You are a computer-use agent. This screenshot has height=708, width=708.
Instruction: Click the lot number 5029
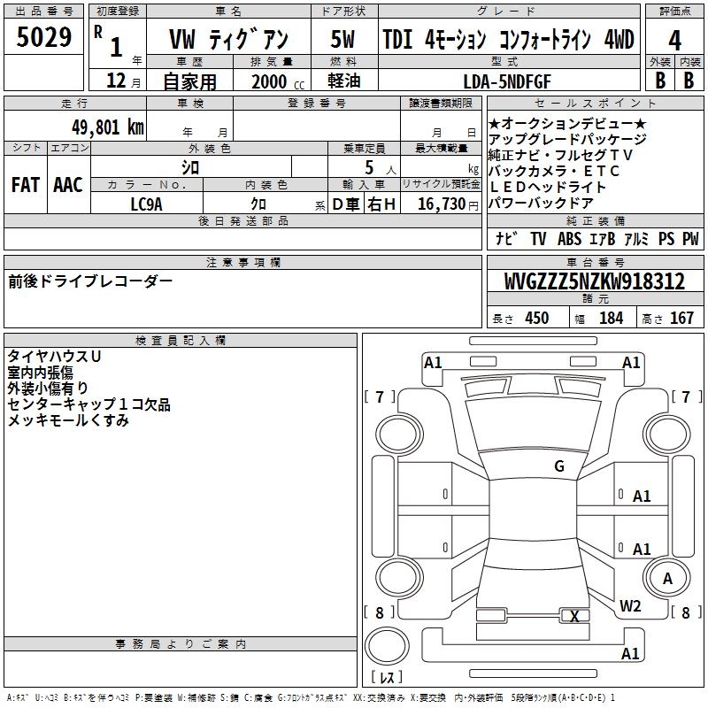[44, 39]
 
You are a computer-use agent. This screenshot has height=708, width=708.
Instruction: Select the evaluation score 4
[674, 41]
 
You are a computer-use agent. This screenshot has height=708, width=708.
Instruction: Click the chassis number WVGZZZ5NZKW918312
[595, 281]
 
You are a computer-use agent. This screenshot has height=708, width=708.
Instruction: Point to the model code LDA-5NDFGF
[507, 81]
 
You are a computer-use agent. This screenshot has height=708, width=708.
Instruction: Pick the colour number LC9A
[146, 204]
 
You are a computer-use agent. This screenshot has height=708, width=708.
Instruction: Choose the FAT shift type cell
[25, 185]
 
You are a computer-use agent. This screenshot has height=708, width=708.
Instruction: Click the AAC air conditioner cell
[68, 185]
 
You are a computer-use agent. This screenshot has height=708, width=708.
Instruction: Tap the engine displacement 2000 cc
[276, 81]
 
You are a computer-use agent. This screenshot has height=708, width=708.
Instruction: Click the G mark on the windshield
[558, 466]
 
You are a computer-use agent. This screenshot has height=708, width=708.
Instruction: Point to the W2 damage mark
[630, 606]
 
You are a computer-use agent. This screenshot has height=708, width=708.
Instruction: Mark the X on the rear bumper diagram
[575, 617]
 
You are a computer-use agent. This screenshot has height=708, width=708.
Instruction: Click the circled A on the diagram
[667, 579]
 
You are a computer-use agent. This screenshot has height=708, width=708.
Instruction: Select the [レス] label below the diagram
[387, 678]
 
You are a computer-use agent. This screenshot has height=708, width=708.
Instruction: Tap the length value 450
[536, 319]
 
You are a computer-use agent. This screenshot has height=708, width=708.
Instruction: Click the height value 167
[681, 319]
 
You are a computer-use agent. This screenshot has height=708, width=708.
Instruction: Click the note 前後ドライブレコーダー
[90, 281]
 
